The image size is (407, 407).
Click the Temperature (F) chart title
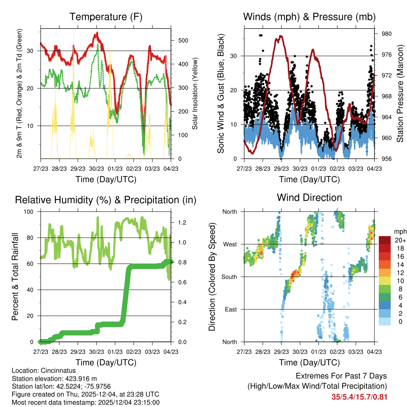(106, 17)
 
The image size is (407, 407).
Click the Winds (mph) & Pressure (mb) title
(309, 17)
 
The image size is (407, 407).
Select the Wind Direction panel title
(309, 198)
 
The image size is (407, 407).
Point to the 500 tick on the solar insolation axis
(183, 41)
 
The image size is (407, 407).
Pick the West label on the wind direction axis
(230, 244)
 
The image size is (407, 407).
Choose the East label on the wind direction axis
(231, 309)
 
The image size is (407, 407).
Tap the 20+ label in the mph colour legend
(400, 240)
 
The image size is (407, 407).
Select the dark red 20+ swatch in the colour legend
(385, 240)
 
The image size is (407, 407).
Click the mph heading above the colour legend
(399, 231)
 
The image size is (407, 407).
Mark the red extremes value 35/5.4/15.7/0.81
(359, 397)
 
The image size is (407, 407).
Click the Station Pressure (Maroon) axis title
(400, 93)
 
